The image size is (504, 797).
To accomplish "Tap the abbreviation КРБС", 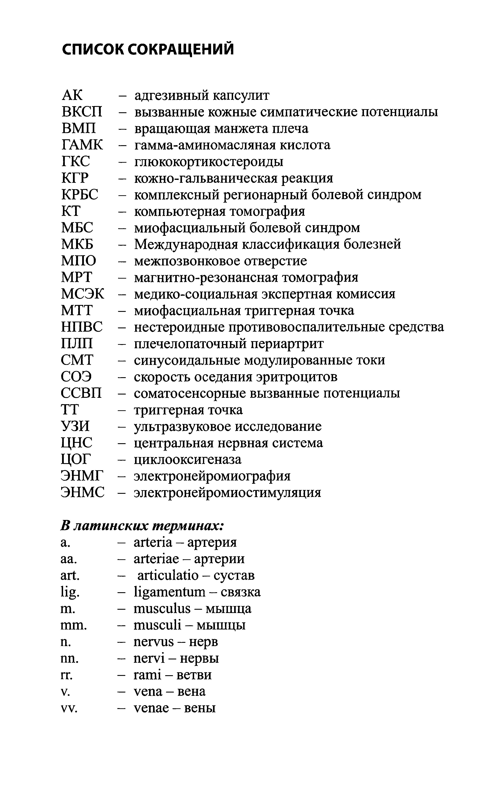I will click(x=80, y=195).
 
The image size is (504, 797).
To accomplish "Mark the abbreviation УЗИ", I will click(x=75, y=426).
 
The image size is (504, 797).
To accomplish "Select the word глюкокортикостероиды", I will click(x=209, y=162).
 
